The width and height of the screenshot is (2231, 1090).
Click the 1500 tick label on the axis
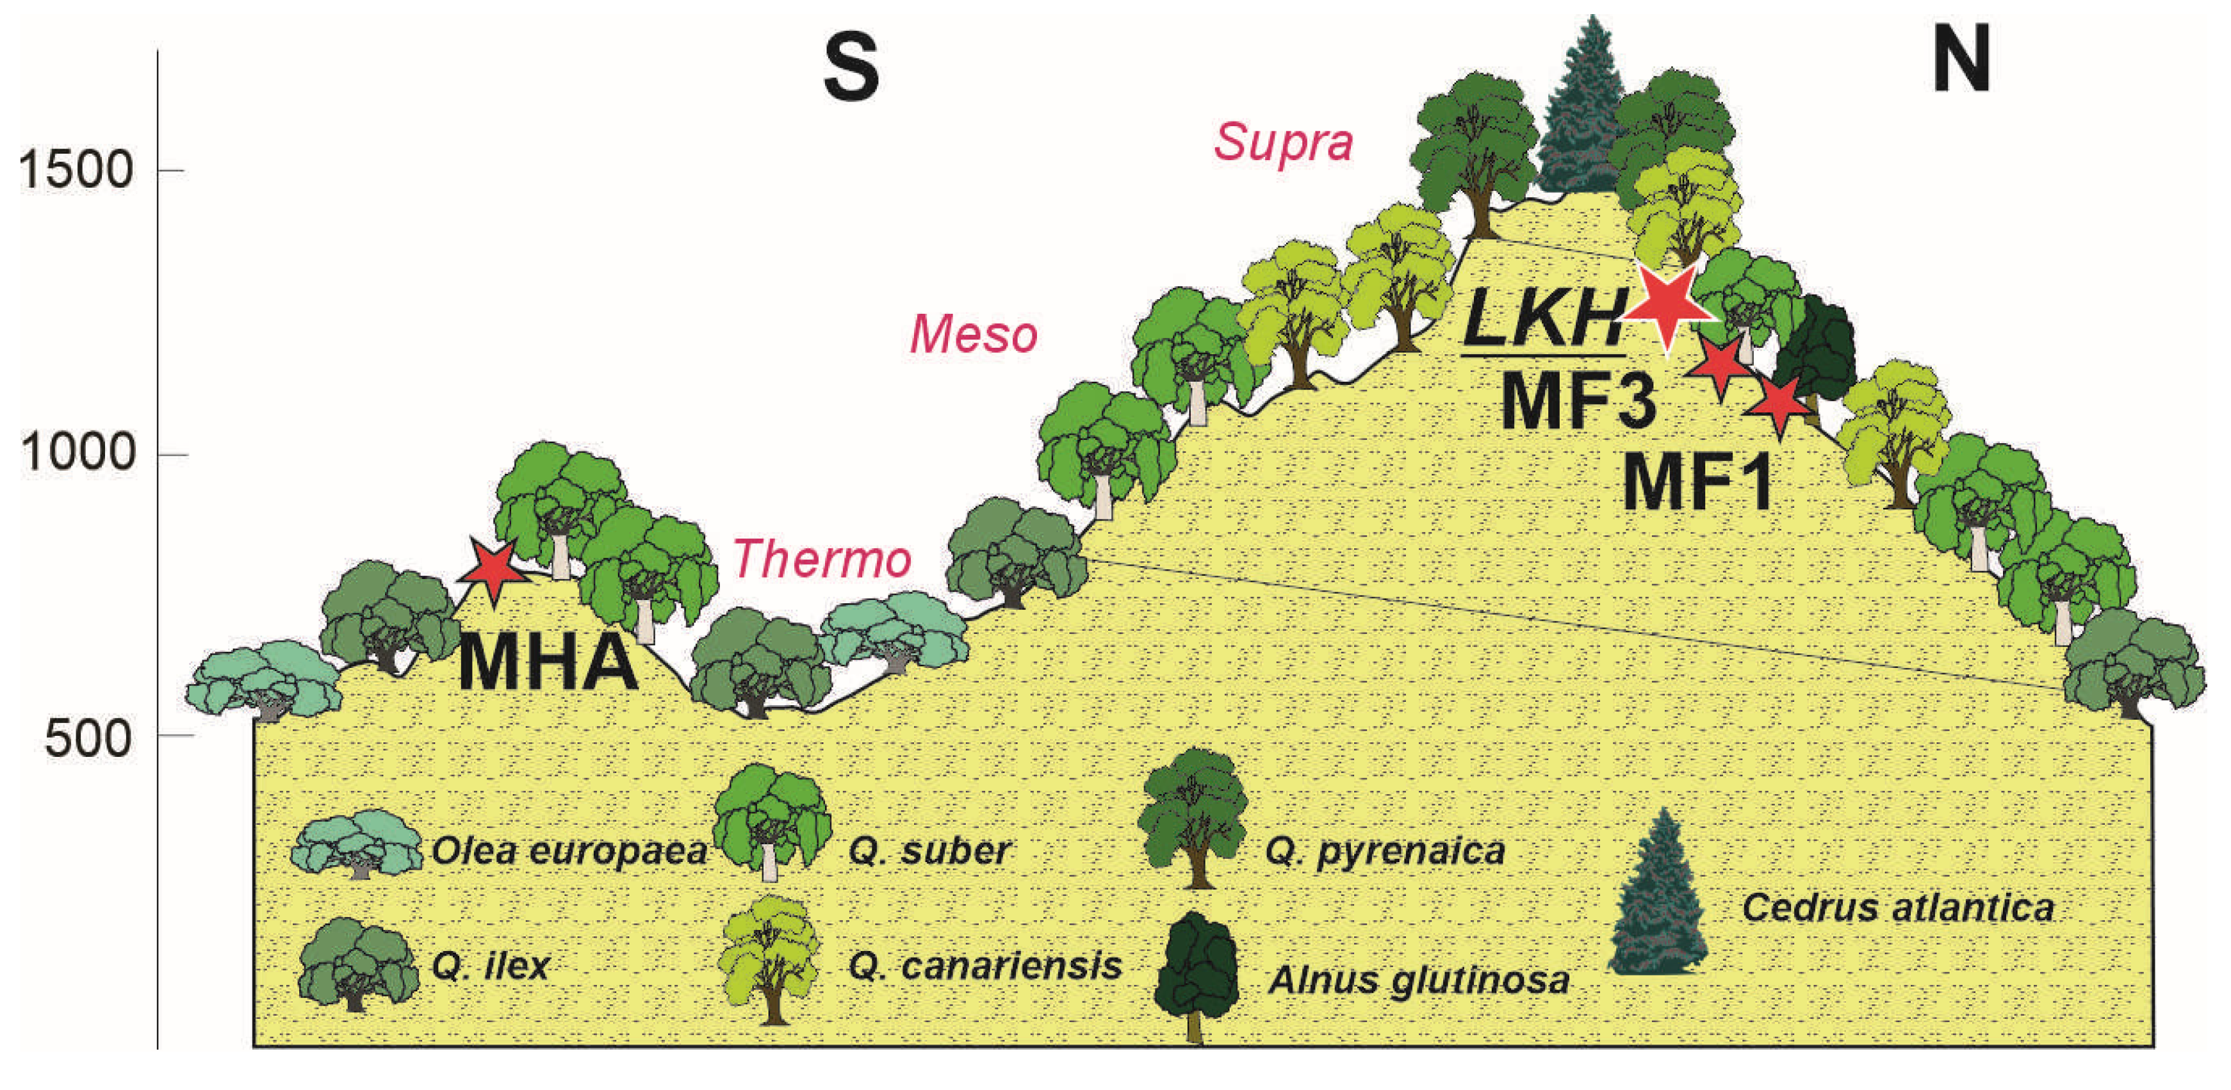pos(76,170)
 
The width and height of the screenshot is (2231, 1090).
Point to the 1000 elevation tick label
pos(78,452)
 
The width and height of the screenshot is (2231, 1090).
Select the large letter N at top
pos(1961,59)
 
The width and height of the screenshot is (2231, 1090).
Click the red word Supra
pos(1282,142)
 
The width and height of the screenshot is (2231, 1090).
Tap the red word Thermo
pos(822,559)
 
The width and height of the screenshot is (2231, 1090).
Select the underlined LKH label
pos(1542,318)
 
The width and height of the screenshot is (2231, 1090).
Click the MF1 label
pos(1697,482)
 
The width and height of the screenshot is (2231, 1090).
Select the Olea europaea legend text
pos(569,851)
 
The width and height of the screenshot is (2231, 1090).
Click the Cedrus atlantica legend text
pos(1897,907)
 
